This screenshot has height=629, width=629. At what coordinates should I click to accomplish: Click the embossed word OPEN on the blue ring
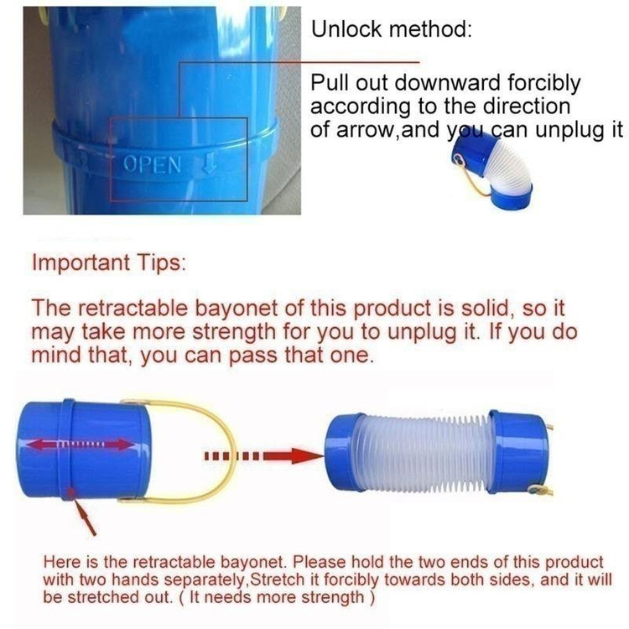pyautogui.click(x=152, y=164)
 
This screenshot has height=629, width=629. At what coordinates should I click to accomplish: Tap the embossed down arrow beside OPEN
pyautogui.click(x=209, y=164)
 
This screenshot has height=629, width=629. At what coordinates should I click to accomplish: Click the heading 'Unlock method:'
pyautogui.click(x=392, y=29)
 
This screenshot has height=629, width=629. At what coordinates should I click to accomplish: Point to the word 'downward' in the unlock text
pyautogui.click(x=447, y=83)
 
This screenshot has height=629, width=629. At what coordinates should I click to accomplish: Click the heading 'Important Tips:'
pyautogui.click(x=109, y=263)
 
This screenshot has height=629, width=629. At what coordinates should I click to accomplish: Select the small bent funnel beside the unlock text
pyautogui.click(x=492, y=174)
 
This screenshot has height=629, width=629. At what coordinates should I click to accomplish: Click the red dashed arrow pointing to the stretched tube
pyautogui.click(x=264, y=456)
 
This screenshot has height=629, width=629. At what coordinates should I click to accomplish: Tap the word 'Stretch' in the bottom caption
pyautogui.click(x=277, y=580)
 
